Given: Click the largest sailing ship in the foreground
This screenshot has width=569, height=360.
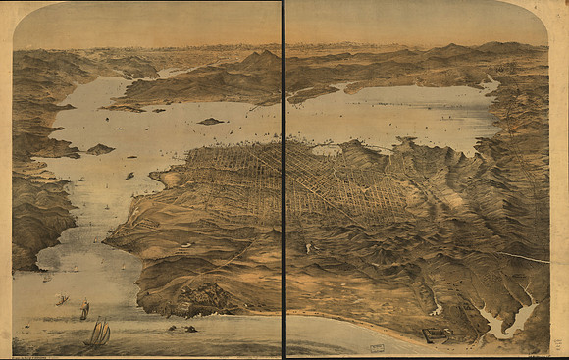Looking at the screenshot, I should [x=98, y=333].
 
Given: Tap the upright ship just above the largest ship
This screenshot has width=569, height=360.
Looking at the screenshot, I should [x=85, y=309].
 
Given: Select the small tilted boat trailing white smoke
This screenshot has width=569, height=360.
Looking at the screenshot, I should [x=61, y=299].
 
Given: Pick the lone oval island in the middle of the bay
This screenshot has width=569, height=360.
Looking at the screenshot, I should [x=210, y=121].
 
